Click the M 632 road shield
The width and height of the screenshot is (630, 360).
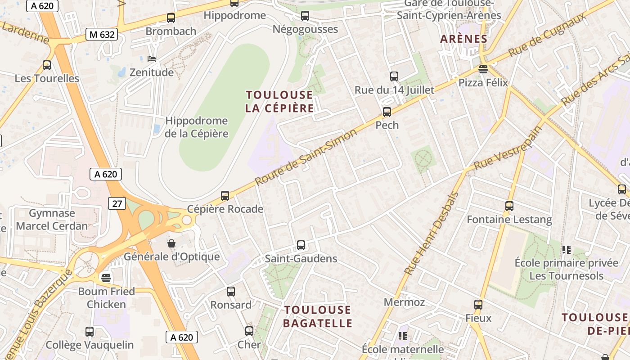102,34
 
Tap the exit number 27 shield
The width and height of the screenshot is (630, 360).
117,203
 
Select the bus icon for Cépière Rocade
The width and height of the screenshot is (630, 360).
225,196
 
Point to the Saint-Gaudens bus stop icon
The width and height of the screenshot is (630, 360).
301,245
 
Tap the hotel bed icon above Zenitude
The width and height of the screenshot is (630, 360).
152,59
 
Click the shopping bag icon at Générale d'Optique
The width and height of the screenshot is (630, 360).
171,243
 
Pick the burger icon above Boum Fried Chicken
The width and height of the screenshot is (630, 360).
106,278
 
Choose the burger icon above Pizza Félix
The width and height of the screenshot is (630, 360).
483,69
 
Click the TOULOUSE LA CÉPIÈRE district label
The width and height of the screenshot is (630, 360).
279,102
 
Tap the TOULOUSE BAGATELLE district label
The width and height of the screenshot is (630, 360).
318,316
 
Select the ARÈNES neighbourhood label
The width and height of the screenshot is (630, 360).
464,39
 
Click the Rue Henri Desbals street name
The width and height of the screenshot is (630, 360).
432,234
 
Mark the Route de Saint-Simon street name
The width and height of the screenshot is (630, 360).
306,157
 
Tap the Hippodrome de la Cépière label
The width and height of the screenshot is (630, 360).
197,127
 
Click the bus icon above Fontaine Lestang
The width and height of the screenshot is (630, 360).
509,206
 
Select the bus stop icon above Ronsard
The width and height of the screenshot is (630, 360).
231,292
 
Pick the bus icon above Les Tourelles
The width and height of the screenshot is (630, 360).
47,65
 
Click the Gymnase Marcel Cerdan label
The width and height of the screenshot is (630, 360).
52,219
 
